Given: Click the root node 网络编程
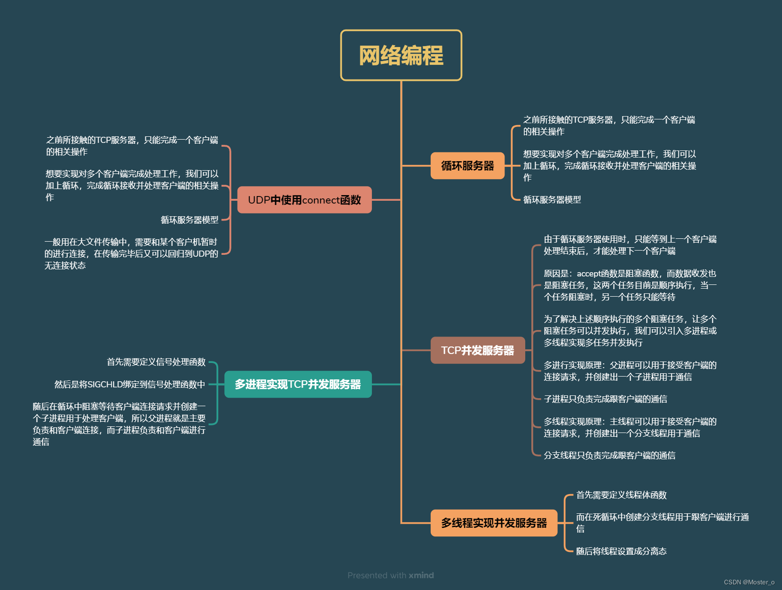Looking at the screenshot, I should [x=401, y=55].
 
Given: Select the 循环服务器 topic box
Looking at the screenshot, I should [x=467, y=166].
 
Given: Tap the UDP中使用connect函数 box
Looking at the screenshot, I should [x=304, y=200].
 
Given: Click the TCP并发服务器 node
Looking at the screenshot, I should [x=477, y=350].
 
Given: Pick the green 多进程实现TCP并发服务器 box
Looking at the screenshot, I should [x=298, y=385].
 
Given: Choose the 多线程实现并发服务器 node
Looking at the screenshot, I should [x=494, y=523].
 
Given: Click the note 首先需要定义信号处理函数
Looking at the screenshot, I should [x=156, y=362].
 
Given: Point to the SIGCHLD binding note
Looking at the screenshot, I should [x=130, y=385].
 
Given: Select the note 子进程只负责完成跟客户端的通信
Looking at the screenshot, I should [x=605, y=399].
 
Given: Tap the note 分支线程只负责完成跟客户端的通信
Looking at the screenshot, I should [x=609, y=456].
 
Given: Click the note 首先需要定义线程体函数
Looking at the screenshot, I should [x=621, y=495].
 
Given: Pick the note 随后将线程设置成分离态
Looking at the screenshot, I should [x=621, y=551].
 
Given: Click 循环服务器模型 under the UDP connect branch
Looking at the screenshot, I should [x=190, y=220].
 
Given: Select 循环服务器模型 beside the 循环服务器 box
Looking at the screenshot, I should [x=552, y=200].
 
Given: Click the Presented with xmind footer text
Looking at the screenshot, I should [x=390, y=575].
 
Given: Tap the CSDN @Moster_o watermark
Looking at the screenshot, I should [x=749, y=582].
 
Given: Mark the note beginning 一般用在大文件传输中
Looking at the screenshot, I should [x=131, y=254].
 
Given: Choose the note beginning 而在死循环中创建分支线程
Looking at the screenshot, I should [x=662, y=522].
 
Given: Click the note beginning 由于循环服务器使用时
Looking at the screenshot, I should [x=630, y=245].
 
